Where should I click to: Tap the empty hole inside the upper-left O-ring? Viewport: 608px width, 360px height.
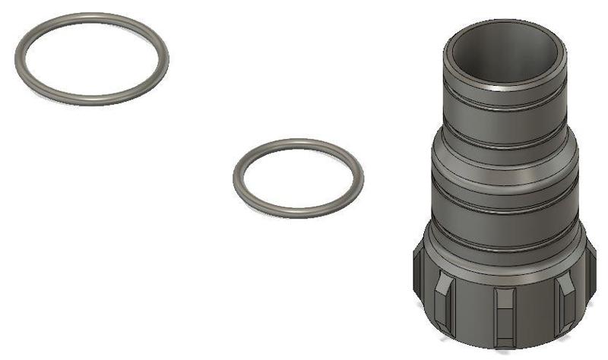click(x=91, y=58)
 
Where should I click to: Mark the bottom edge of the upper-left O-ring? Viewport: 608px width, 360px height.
click(x=91, y=100)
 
